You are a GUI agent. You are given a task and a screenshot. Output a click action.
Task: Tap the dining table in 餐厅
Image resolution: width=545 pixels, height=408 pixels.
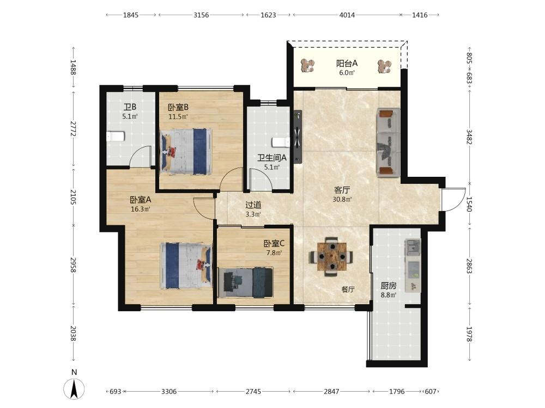point(331,257)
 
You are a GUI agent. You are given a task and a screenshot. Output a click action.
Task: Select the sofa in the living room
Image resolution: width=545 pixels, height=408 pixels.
point(388,142)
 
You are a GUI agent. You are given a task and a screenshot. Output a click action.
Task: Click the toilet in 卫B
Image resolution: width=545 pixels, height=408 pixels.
point(115,137)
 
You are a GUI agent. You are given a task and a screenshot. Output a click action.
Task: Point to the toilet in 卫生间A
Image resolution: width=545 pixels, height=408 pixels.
point(281,143)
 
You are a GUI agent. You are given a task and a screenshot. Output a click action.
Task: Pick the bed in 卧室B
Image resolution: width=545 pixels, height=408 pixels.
point(186,152)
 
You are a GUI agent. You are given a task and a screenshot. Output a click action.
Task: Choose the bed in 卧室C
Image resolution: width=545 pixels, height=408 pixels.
point(245,282)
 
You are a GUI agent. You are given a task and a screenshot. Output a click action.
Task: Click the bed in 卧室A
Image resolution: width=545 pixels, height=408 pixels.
point(186,265)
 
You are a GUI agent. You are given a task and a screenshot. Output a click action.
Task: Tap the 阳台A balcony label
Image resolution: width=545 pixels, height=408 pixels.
point(347,64)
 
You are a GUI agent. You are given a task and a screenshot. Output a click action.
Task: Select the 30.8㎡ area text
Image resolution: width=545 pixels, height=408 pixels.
point(342,200)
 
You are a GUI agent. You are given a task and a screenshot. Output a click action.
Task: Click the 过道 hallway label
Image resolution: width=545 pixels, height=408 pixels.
point(253,205)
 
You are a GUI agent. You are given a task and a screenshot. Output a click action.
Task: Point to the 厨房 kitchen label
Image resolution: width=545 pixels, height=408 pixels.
point(388,286)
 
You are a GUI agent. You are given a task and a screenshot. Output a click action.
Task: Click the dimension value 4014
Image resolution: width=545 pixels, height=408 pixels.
point(347,15)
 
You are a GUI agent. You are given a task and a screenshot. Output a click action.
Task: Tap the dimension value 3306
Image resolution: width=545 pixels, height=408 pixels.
point(169,391)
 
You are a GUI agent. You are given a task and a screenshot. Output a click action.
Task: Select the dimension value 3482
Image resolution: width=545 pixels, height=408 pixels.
point(469,137)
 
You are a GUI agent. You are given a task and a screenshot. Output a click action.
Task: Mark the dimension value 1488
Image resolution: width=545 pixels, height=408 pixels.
point(73,67)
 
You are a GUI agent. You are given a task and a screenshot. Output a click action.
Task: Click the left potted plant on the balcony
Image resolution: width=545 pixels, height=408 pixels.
point(307,65)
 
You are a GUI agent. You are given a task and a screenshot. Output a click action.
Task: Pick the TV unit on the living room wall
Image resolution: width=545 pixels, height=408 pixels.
point(298,137)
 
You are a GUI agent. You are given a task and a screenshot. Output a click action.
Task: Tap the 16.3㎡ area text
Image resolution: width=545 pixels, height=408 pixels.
point(141,209)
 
